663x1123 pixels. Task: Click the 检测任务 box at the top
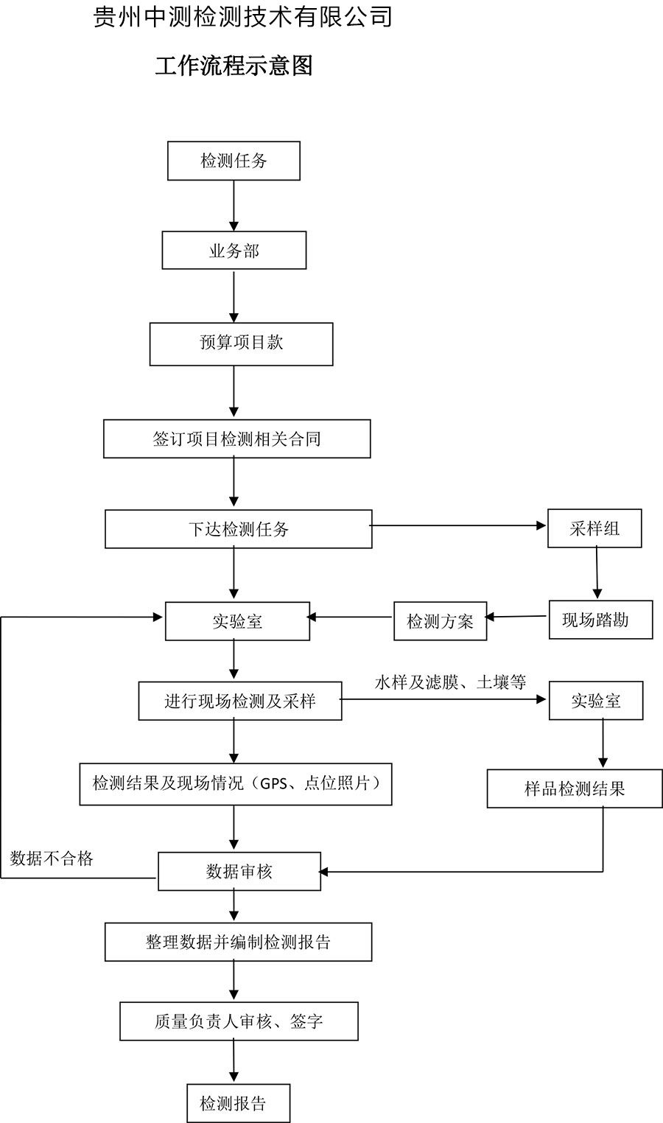234,161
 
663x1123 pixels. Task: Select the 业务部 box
234,251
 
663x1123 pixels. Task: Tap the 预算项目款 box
241,343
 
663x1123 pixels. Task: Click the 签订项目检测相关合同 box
236,439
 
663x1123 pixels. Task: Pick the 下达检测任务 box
238,529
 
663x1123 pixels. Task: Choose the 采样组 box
594,528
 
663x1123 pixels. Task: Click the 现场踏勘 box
600,620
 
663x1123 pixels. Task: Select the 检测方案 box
440,621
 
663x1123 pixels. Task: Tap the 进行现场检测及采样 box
239,701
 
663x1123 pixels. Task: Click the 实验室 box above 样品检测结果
596,701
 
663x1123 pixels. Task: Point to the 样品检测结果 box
574,789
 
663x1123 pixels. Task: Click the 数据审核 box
239,872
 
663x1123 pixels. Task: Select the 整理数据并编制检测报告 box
238,942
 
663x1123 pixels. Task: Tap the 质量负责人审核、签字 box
239,1021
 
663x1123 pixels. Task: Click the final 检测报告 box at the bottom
238,1103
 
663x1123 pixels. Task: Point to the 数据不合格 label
52,858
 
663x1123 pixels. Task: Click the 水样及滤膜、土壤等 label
450,682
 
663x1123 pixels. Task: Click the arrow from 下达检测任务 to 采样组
457,525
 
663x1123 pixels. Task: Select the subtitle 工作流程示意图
234,66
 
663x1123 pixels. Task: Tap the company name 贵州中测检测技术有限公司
243,17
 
